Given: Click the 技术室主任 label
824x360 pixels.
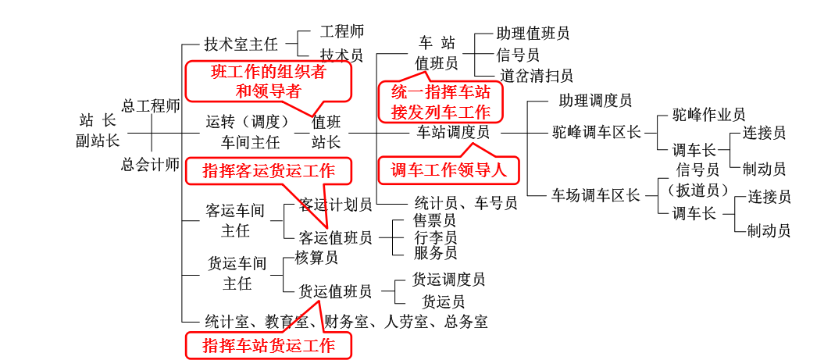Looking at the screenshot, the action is click(x=241, y=44).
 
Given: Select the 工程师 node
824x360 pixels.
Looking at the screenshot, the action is click(x=342, y=33).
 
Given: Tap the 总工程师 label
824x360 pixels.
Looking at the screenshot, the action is click(x=151, y=105).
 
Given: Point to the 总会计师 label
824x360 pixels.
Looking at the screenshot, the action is click(x=151, y=164).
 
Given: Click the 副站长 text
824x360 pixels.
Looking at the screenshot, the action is click(x=98, y=141).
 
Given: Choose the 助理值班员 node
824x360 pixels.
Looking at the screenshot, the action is click(x=533, y=33).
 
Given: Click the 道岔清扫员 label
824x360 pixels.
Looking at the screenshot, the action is click(x=537, y=76).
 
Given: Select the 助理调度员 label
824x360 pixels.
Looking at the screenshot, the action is click(x=595, y=101).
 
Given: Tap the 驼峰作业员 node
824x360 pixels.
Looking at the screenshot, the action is click(x=709, y=116).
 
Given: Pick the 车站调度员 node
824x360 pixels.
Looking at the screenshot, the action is click(x=453, y=133).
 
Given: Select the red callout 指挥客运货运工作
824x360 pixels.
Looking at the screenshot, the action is click(x=268, y=170).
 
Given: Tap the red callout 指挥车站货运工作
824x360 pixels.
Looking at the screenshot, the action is click(x=268, y=345).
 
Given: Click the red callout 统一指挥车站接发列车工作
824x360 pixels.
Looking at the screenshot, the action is click(x=441, y=102).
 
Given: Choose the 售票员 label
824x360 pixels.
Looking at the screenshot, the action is click(x=436, y=222).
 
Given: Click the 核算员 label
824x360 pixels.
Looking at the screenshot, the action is click(x=316, y=258).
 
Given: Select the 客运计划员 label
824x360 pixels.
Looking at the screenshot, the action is click(x=336, y=205).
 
